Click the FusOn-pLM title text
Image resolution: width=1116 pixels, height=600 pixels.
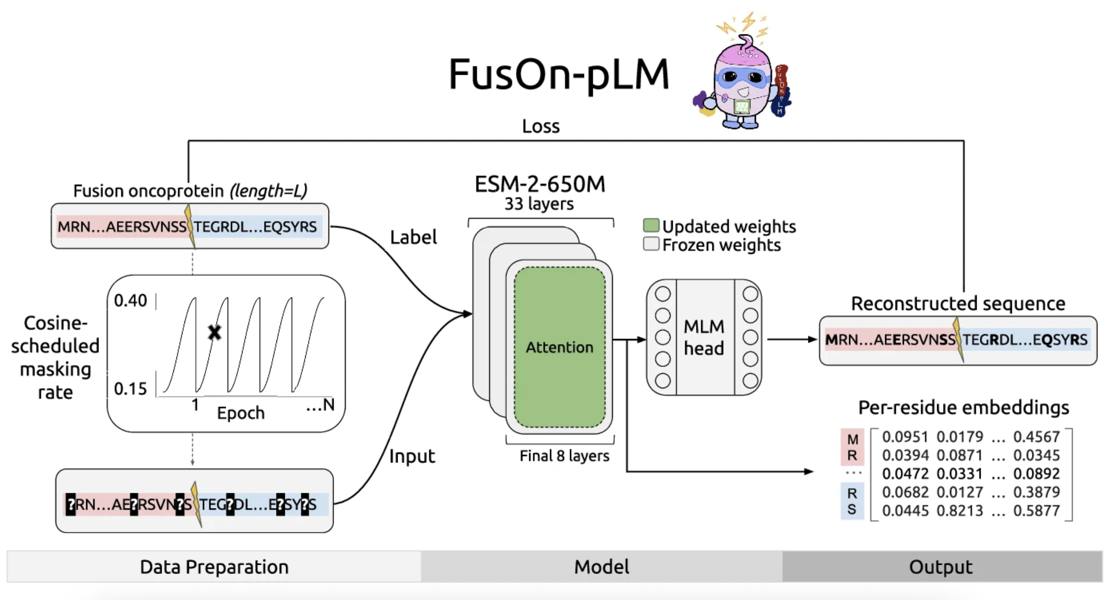(x=558, y=74)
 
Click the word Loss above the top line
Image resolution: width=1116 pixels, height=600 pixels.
(x=541, y=126)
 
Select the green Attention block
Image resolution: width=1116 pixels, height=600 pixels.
(x=559, y=347)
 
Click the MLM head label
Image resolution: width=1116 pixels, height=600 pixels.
(x=704, y=338)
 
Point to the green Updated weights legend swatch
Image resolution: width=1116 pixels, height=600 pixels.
(x=651, y=225)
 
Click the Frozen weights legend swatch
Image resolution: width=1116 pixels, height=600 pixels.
(x=651, y=244)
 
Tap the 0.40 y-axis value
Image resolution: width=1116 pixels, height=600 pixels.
(x=131, y=301)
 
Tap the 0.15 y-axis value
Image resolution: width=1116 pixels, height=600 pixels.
(x=131, y=389)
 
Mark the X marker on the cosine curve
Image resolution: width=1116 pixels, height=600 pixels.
(x=214, y=332)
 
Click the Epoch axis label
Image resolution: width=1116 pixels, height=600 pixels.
(x=241, y=413)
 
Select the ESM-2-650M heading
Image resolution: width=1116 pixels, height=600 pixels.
(x=540, y=184)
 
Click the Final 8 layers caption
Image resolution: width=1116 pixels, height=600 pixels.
(x=564, y=456)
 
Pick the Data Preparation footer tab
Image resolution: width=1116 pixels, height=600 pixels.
(x=214, y=567)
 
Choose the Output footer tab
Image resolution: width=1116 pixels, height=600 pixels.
(x=941, y=567)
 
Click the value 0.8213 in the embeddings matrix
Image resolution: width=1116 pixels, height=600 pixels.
(x=960, y=511)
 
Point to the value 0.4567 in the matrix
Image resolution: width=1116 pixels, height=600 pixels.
(x=1037, y=437)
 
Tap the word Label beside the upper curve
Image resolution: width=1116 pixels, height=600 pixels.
(x=414, y=237)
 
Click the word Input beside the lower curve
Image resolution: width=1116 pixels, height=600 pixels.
(x=412, y=457)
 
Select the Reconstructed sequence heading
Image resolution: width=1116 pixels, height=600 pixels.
(x=958, y=304)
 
